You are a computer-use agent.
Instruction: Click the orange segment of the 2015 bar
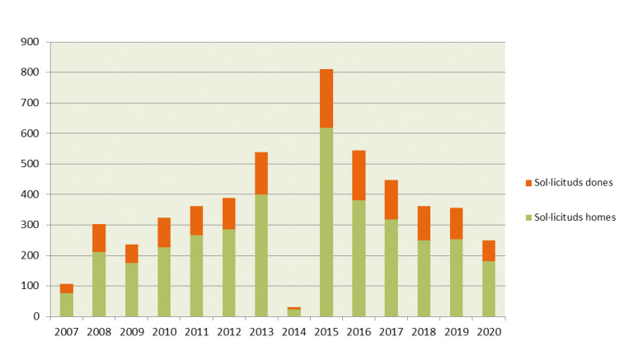point(326,98)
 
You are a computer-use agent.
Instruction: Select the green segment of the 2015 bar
point(326,222)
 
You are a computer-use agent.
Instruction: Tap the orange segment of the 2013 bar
point(261,172)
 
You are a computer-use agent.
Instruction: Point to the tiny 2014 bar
point(294,311)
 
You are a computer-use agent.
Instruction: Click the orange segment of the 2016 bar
point(359,175)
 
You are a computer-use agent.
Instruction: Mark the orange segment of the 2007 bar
point(67,288)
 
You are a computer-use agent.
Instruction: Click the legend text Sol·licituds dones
point(575,182)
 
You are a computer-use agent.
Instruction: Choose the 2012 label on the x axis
point(229,332)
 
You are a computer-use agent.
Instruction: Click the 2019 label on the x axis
point(456,332)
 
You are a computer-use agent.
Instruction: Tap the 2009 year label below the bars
point(132,332)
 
